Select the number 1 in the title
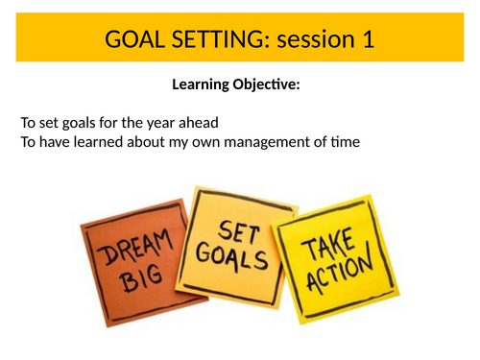(367, 39)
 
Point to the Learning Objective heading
(236, 85)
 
